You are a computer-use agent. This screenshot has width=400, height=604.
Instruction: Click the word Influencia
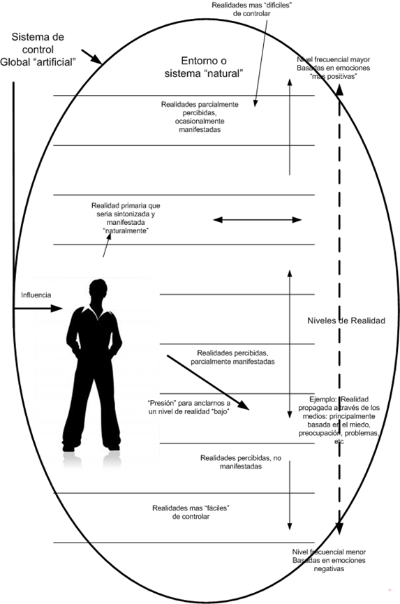tap(36, 295)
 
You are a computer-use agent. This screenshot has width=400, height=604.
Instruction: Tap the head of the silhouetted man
tap(98, 292)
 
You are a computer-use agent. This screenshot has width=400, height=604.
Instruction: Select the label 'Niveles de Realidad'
tap(346, 321)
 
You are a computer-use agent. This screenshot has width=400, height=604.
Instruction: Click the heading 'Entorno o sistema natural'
tap(204, 67)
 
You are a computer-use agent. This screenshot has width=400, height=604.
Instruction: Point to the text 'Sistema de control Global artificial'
tap(37, 50)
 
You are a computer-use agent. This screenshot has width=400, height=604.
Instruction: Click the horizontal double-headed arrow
tap(257, 220)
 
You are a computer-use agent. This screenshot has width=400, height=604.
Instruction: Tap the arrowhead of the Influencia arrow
tap(57, 308)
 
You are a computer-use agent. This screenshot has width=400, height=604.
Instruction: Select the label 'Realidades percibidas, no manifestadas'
tap(241, 462)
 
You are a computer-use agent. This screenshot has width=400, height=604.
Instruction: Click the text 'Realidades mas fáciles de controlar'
tap(191, 513)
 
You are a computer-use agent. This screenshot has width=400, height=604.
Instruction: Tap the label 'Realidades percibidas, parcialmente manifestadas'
tap(232, 357)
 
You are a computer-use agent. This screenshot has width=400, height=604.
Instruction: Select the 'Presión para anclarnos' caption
tap(189, 408)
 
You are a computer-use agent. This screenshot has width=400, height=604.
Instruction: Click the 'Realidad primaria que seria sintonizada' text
tap(126, 219)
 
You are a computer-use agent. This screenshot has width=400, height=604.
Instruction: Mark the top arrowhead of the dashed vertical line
tap(339, 90)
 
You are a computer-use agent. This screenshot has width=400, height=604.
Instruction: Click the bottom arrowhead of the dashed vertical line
tap(339, 529)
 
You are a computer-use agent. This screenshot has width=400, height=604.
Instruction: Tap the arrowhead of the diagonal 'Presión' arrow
tap(244, 405)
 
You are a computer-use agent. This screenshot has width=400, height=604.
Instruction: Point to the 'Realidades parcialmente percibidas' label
tap(200, 117)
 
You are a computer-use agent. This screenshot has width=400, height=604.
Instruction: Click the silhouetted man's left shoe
tap(68, 448)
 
